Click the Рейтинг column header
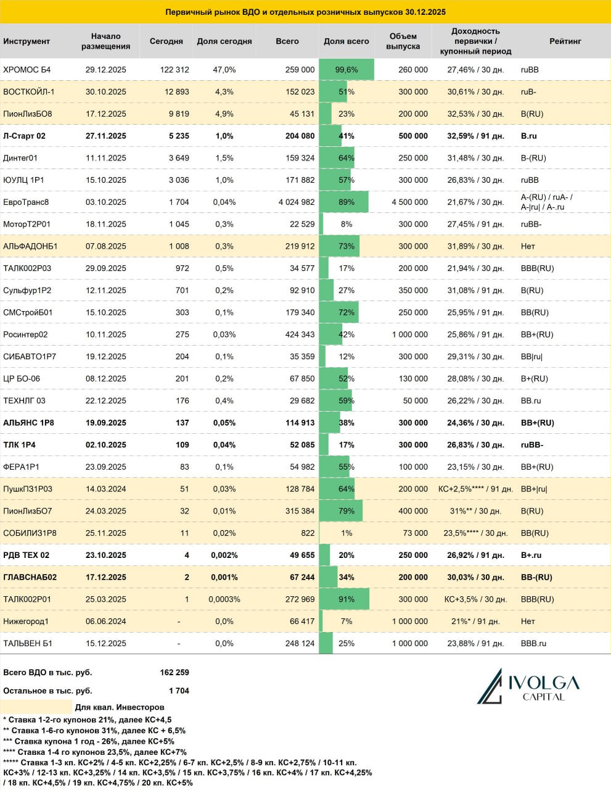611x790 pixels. point(565,41)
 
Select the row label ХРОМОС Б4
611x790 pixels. point(27,70)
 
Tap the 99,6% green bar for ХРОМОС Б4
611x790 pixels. point(347,70)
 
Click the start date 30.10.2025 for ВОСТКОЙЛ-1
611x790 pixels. point(105,92)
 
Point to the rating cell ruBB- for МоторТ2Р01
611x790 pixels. point(531,224)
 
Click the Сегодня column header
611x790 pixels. point(166,41)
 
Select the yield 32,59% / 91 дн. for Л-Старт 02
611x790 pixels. point(475,136)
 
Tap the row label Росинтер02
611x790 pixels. point(25,335)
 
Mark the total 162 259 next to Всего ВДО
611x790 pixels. point(174,673)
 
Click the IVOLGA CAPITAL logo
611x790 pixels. point(528,686)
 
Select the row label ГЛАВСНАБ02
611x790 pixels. point(30,577)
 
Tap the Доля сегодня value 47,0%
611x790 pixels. point(224,70)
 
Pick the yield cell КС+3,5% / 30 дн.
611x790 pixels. point(475,599)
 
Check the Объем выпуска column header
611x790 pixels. point(403,41)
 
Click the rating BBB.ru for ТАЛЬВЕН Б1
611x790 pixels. point(534,644)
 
